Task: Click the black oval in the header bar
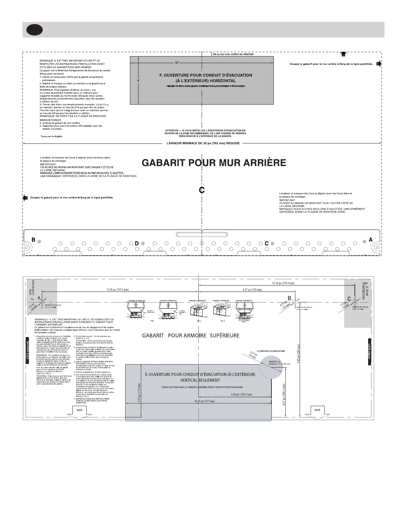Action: coord(35,30)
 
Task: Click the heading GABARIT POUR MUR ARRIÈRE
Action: coord(214,163)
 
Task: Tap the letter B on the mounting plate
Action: coord(33,239)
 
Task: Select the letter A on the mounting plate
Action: coord(371,239)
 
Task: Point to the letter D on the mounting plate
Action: coord(137,243)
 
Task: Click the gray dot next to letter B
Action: coord(40,242)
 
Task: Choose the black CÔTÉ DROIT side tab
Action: coord(369,351)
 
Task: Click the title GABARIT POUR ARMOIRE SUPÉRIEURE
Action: coord(191,335)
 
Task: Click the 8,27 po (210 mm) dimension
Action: coord(252,290)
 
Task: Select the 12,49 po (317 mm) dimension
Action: coord(205,401)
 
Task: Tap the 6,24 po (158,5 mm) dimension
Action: coord(241,395)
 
